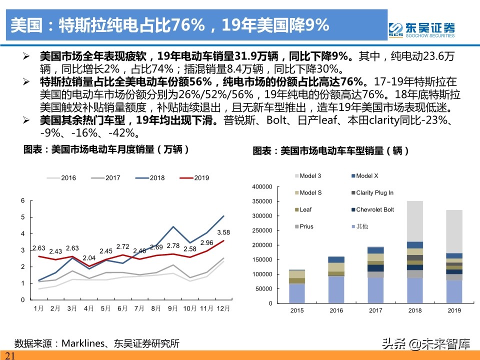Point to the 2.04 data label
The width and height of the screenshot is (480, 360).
click(x=89, y=258)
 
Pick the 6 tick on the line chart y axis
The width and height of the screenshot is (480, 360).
click(x=22, y=200)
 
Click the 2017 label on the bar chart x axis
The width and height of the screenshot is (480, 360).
click(x=375, y=311)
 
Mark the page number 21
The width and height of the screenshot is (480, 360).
click(x=10, y=355)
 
